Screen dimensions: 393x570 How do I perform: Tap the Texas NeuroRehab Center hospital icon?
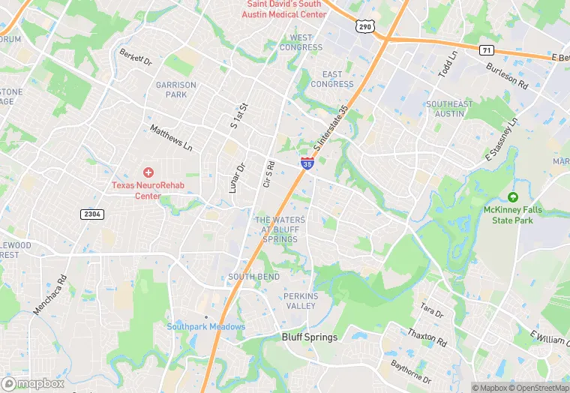click(x=148, y=172)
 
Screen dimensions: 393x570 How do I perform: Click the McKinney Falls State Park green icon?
click(x=513, y=197)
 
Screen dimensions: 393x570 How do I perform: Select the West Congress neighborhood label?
click(x=301, y=43)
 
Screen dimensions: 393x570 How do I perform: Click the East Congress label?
click(x=332, y=79)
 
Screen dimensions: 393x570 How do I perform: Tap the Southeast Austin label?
click(x=449, y=109)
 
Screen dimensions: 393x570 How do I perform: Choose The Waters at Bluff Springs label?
click(x=280, y=229)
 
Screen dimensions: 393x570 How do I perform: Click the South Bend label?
click(x=253, y=277)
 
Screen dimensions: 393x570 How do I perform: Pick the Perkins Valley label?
click(x=301, y=301)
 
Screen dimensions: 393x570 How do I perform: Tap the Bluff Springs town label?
click(x=310, y=337)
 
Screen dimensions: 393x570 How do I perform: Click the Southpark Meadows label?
click(x=205, y=326)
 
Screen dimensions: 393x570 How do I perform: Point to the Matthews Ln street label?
click(x=171, y=138)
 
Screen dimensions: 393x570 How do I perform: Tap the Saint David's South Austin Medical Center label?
click(x=283, y=9)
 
